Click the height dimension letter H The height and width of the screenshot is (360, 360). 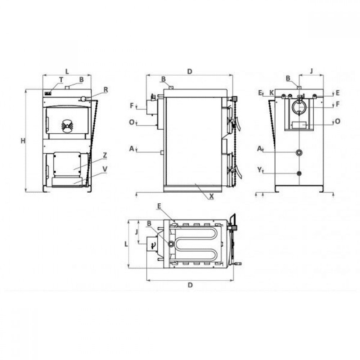pyautogui.click(x=23, y=141)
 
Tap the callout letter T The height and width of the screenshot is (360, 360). pyautogui.click(x=61, y=80)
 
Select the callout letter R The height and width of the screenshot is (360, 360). pyautogui.click(x=105, y=90)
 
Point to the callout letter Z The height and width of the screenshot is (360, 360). pyautogui.click(x=105, y=155)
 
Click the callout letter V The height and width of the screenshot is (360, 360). pyautogui.click(x=105, y=169)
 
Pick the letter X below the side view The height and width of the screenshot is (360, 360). pyautogui.click(x=211, y=196)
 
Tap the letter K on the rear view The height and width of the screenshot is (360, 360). pyautogui.click(x=271, y=93)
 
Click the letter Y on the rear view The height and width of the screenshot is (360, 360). pyautogui.click(x=260, y=170)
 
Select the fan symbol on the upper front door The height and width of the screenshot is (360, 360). pyautogui.click(x=67, y=126)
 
